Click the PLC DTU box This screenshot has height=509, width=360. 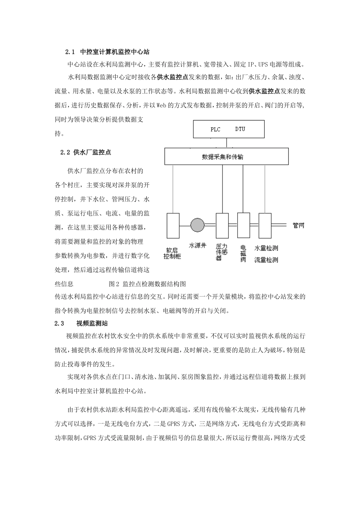(229, 129)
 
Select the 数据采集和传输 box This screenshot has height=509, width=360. (227, 156)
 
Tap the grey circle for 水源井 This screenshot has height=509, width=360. (197, 225)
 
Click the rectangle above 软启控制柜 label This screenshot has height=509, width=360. (173, 225)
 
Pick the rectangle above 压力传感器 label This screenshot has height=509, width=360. (222, 225)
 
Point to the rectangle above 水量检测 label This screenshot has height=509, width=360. (265, 225)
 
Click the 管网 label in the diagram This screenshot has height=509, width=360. (299, 226)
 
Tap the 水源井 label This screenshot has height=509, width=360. (197, 246)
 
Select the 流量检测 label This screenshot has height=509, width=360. (266, 260)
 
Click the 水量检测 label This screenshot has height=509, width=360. (266, 248)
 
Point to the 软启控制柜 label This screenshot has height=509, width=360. (172, 253)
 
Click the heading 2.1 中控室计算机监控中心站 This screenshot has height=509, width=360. (110, 52)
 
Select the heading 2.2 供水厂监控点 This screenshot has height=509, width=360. (86, 152)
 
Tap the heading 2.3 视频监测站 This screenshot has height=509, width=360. (81, 323)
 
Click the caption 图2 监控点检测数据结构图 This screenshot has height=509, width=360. (147, 284)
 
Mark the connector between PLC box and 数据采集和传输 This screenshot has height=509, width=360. (227, 143)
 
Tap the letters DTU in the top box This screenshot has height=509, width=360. (240, 129)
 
